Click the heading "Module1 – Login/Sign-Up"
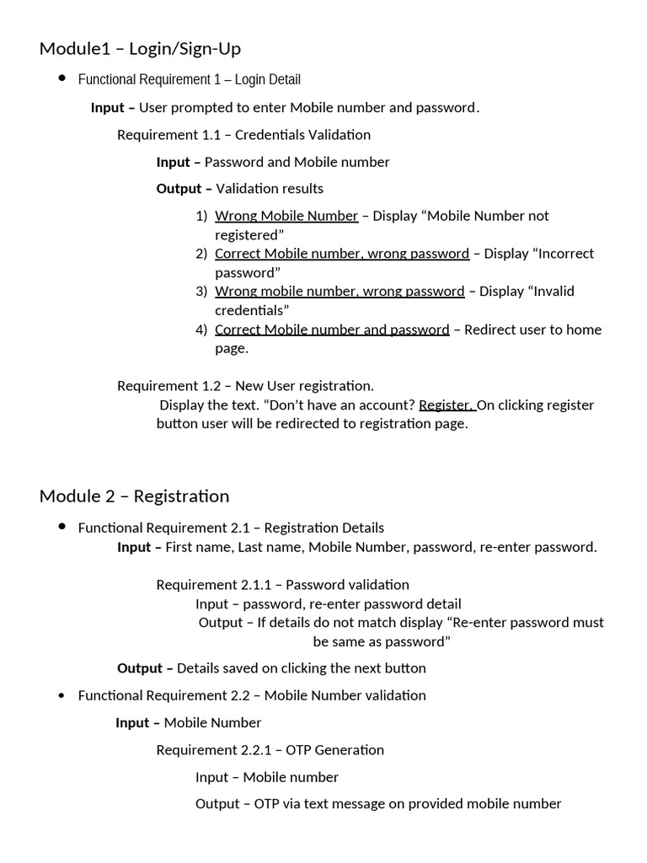(140, 49)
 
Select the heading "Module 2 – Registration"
(134, 496)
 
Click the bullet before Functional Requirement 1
(61, 78)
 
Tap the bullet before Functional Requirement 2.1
(61, 527)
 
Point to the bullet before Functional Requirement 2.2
(61, 695)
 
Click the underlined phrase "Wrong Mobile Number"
(286, 216)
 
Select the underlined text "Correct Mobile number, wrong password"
(342, 254)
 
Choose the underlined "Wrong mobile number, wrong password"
(340, 292)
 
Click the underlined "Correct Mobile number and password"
(332, 330)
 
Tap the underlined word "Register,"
(446, 405)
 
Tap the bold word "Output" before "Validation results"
(179, 189)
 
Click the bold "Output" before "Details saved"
(139, 668)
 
